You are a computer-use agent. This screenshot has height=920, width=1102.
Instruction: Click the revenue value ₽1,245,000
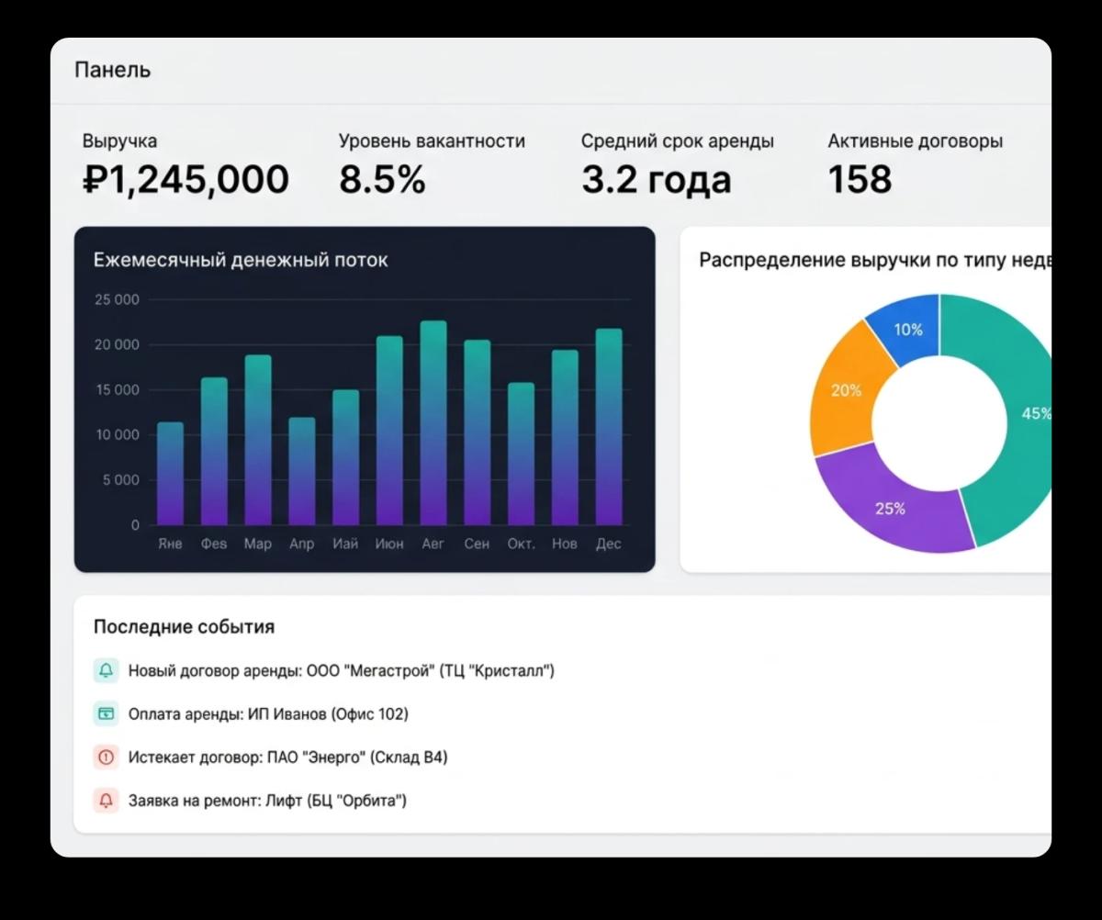click(186, 180)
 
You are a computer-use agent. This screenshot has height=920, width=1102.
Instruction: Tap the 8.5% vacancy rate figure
click(382, 180)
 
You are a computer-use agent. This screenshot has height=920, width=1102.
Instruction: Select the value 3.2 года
click(656, 180)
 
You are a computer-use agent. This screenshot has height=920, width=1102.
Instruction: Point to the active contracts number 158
click(860, 180)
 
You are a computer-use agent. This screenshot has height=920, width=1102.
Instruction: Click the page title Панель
click(112, 70)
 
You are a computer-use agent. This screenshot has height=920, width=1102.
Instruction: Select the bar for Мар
click(258, 441)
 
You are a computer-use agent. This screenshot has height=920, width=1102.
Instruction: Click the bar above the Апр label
click(302, 472)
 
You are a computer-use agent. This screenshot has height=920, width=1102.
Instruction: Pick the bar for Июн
click(389, 432)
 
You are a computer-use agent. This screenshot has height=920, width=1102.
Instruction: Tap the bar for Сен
click(477, 433)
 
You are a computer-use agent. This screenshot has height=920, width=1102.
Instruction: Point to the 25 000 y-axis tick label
click(117, 300)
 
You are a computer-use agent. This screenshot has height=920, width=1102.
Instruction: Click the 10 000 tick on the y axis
click(117, 435)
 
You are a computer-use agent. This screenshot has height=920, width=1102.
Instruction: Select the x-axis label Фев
click(214, 544)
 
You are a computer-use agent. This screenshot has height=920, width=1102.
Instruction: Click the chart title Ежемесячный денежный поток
click(241, 260)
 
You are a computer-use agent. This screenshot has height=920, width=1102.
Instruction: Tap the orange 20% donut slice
click(846, 391)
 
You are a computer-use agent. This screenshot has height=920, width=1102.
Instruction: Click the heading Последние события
click(184, 627)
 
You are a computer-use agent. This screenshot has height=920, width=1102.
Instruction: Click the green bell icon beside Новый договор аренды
click(106, 671)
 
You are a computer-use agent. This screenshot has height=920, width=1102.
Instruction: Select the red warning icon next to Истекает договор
click(106, 757)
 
